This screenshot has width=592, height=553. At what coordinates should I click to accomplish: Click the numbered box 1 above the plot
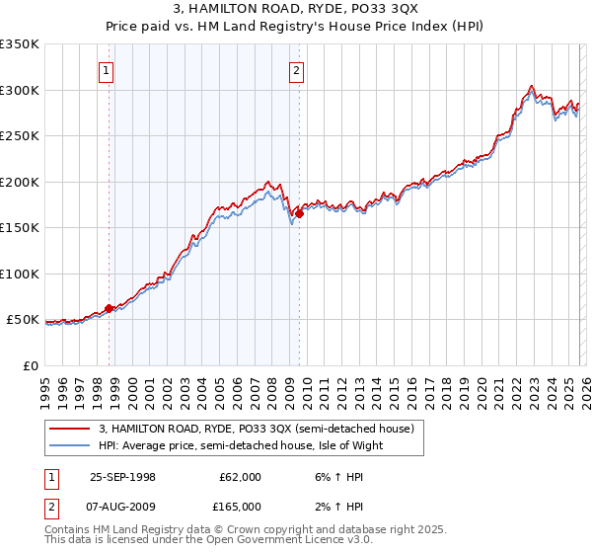click(107, 70)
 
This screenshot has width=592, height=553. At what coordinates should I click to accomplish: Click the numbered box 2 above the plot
click(296, 70)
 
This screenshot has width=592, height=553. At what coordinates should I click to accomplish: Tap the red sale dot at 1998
click(110, 308)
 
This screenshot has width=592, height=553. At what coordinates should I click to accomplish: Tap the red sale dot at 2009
click(299, 213)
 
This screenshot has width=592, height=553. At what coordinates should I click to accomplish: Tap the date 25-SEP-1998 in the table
click(122, 477)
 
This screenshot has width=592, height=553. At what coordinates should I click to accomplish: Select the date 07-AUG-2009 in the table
click(122, 508)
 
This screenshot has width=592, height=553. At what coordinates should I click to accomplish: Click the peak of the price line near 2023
click(532, 86)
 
